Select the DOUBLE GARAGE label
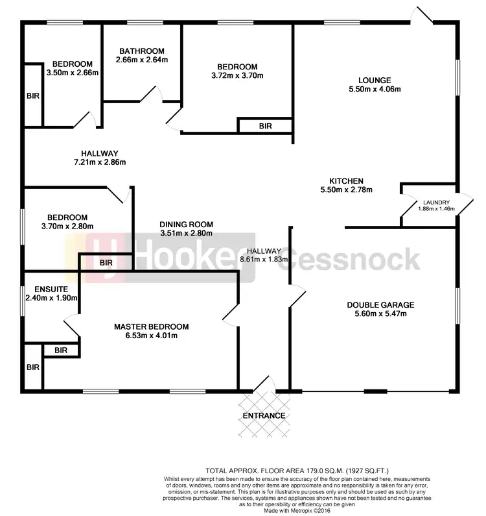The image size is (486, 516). click(x=380, y=305)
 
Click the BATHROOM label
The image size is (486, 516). click(x=140, y=51)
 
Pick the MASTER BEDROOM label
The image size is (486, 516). click(x=151, y=326)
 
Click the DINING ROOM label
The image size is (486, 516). click(x=186, y=225)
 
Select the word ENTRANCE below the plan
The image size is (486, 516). click(x=264, y=415)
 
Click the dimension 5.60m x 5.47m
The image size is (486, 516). click(x=380, y=314)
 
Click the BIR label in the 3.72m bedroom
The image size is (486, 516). click(x=265, y=126)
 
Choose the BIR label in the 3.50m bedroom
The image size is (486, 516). click(x=32, y=95)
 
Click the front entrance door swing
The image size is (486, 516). click(x=264, y=384)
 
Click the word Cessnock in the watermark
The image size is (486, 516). click(x=353, y=260)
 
